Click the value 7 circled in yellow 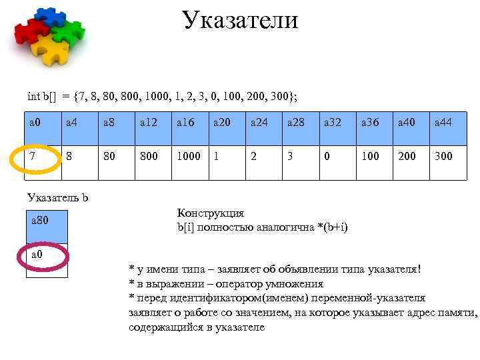coord(35,156)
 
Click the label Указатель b coord(58,197)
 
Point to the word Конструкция coord(211,213)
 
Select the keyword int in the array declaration coord(33,96)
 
